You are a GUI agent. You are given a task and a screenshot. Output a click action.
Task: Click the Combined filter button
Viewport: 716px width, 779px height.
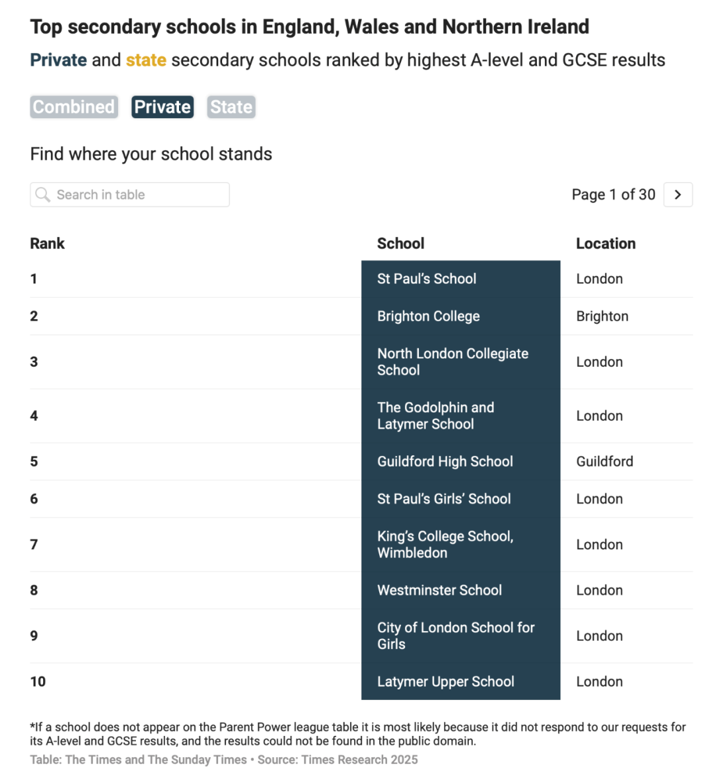74,107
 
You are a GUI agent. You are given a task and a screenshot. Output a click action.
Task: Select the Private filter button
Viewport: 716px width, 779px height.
162,107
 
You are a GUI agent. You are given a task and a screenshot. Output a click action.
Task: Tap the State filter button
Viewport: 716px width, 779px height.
231,107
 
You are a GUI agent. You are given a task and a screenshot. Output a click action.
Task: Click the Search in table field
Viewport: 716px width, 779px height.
130,194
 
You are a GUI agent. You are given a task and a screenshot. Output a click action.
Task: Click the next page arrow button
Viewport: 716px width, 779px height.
678,194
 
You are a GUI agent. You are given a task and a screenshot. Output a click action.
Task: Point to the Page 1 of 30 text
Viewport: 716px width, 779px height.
613,194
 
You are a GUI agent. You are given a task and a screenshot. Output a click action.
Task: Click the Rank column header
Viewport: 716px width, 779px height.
47,244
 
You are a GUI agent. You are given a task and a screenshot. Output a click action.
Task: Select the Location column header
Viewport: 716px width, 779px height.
605,244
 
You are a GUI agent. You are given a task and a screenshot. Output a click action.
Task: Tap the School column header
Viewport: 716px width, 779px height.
400,244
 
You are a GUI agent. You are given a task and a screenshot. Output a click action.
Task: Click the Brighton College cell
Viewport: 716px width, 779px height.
428,317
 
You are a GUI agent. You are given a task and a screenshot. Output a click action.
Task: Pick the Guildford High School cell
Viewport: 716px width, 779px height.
445,462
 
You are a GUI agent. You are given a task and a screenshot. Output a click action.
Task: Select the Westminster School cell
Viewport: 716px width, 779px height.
439,591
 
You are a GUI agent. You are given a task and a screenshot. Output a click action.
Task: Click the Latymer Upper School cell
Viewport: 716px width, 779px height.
446,681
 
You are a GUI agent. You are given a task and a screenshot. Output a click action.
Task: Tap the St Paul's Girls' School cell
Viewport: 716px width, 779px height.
444,499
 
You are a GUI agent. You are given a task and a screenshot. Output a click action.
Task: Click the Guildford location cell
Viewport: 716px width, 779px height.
604,462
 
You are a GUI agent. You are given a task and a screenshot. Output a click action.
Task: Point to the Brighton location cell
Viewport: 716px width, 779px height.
602,317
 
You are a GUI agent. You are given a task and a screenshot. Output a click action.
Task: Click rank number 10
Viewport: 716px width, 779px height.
38,681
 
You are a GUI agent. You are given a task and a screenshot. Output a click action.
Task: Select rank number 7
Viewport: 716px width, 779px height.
34,545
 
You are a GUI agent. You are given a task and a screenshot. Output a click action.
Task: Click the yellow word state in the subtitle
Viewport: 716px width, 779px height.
146,60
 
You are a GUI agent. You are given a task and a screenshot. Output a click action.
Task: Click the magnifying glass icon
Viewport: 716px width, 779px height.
43,194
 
